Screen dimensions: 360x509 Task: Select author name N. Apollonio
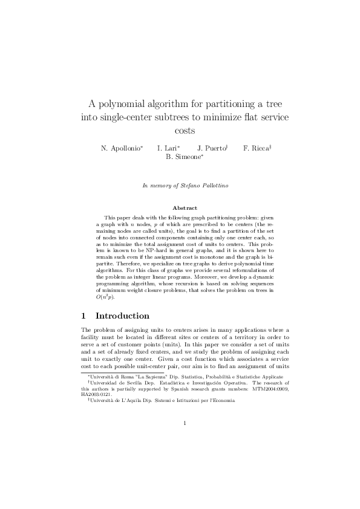[x=121, y=148]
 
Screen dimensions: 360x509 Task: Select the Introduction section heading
[x=122, y=316]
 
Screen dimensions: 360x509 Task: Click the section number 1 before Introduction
[x=83, y=316]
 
